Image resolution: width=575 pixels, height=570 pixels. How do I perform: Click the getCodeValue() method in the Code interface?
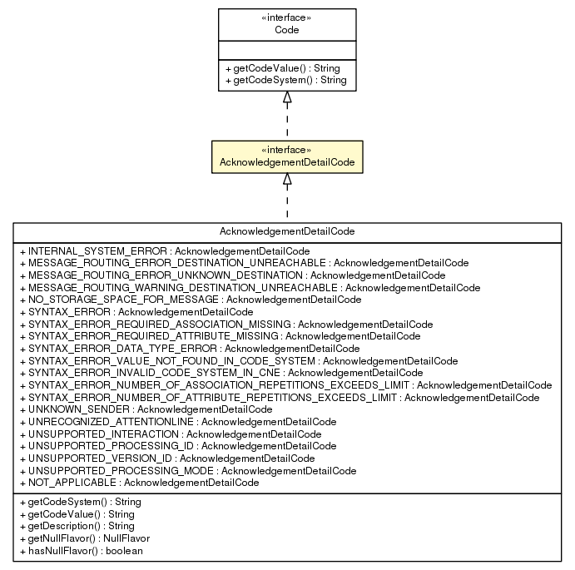pos(280,68)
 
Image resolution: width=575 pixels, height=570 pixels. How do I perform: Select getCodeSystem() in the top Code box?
pos(285,81)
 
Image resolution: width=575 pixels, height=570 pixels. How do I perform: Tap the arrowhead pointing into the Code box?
pos(286,98)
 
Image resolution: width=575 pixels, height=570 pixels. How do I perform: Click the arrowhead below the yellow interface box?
pos(286,179)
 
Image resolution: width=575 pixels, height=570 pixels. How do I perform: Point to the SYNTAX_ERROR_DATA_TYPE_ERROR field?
pos(188,348)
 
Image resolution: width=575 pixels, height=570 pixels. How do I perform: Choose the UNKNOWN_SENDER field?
pos(145,409)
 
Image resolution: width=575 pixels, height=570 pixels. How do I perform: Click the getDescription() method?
pos(75,527)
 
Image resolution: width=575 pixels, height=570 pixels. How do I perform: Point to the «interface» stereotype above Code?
pos(286,17)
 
